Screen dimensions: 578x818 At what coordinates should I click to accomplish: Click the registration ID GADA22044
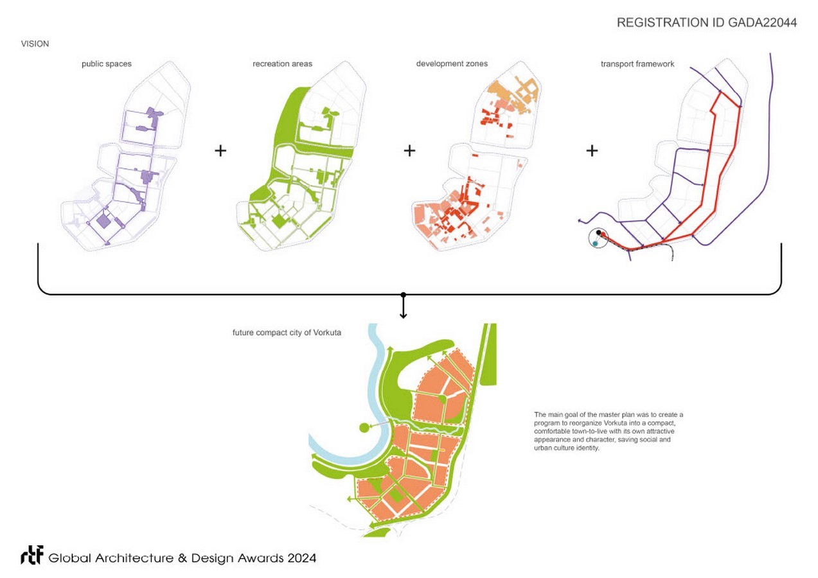(706, 23)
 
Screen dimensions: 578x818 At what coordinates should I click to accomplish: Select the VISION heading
(35, 44)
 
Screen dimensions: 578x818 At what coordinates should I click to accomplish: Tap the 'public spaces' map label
(106, 64)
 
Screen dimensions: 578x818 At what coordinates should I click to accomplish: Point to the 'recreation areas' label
(283, 64)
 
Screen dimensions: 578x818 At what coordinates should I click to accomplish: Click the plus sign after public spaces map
(220, 151)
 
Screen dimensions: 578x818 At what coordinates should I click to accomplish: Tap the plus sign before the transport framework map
(592, 151)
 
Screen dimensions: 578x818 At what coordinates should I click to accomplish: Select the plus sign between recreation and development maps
(409, 151)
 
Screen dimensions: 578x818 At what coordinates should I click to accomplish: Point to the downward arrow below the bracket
(403, 308)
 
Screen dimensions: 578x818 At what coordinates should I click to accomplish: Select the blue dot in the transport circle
(596, 244)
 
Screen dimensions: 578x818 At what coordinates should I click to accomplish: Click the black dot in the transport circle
(598, 232)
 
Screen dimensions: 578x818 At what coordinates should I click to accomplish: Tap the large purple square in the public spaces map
(102, 222)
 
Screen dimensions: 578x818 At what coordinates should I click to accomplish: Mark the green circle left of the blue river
(364, 427)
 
